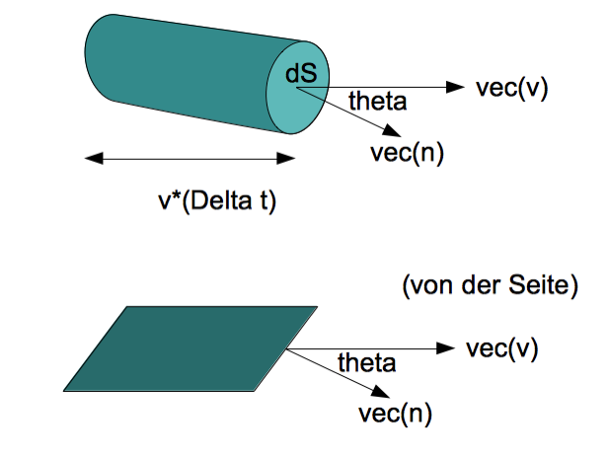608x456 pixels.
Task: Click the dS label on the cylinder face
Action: [x=301, y=73]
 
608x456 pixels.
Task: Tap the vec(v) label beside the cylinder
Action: [x=512, y=89]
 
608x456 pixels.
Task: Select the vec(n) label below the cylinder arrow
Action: [x=407, y=154]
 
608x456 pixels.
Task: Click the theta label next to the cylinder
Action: [x=378, y=102]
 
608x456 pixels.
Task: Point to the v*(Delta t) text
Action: [x=217, y=201]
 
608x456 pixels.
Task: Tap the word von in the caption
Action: [x=430, y=287]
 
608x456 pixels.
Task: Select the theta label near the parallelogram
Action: [x=367, y=363]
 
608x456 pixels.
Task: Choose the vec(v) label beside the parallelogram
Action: [x=502, y=349]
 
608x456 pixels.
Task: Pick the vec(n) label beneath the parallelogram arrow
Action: [x=395, y=415]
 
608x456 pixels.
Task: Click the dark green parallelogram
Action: [x=190, y=348]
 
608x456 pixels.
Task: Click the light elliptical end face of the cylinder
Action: [x=297, y=88]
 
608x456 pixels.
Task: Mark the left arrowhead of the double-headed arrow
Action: [x=94, y=158]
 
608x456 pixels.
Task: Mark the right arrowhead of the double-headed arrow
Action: [x=286, y=158]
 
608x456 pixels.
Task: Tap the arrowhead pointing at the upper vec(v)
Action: [x=455, y=87]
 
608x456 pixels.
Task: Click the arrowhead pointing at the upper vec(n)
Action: [x=392, y=131]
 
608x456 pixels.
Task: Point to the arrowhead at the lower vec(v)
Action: [x=445, y=348]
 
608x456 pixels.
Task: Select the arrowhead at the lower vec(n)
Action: [x=380, y=392]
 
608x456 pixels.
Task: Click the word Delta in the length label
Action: [x=221, y=201]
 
